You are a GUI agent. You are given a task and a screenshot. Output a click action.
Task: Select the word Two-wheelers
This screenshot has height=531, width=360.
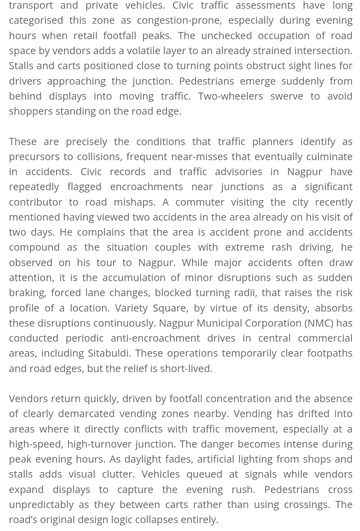tap(230, 96)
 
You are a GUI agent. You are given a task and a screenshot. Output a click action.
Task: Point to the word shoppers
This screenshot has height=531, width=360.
tap(30, 111)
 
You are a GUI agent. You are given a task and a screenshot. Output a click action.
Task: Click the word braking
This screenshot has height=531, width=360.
tap(26, 293)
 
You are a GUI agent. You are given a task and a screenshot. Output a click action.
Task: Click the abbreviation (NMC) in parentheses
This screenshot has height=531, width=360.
tap(319, 323)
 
